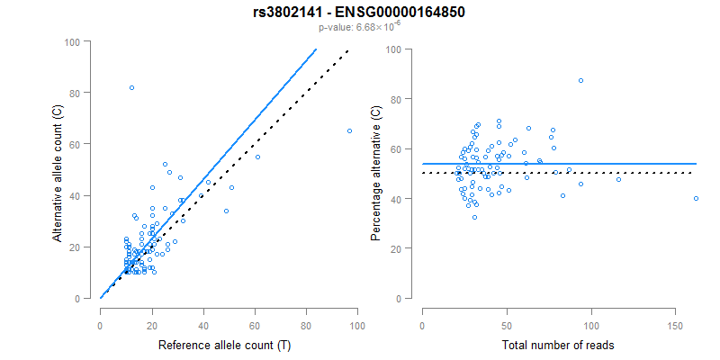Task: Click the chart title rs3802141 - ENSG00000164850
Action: point(360,12)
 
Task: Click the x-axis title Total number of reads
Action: point(557,345)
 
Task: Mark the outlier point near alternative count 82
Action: point(131,87)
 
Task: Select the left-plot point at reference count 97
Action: point(349,131)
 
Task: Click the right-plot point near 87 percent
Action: point(580,81)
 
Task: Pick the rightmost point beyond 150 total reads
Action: point(696,198)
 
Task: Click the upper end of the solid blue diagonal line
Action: point(317,49)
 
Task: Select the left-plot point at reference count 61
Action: point(257,157)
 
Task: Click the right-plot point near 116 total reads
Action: point(618,179)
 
